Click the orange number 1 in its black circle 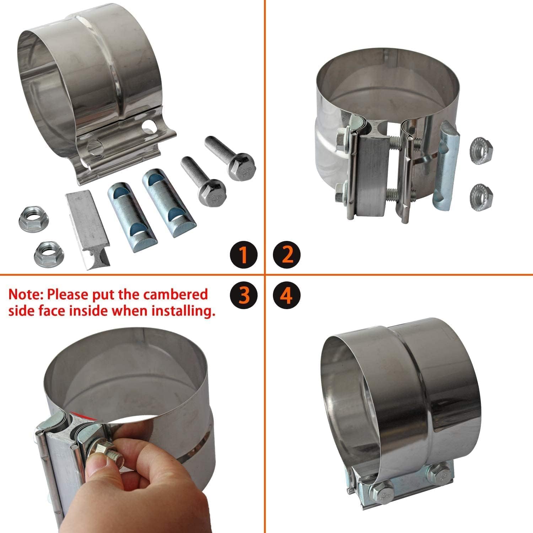(x=244, y=254)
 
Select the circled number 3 (x=244, y=295)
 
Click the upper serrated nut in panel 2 (x=480, y=147)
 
